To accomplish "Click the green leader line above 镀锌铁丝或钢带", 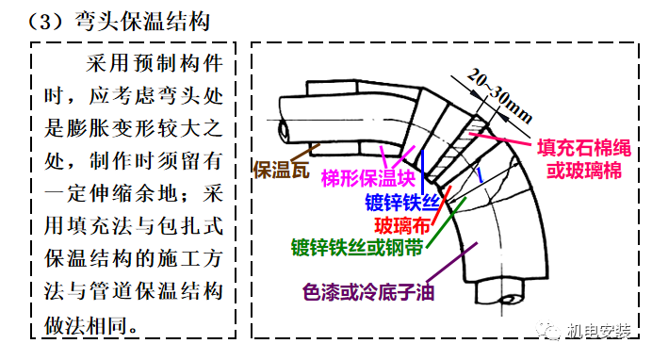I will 438,226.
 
